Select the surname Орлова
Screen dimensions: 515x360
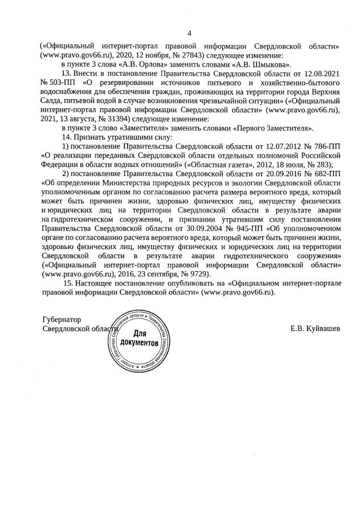coord(137,65)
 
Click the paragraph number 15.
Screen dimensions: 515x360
coord(69,284)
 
